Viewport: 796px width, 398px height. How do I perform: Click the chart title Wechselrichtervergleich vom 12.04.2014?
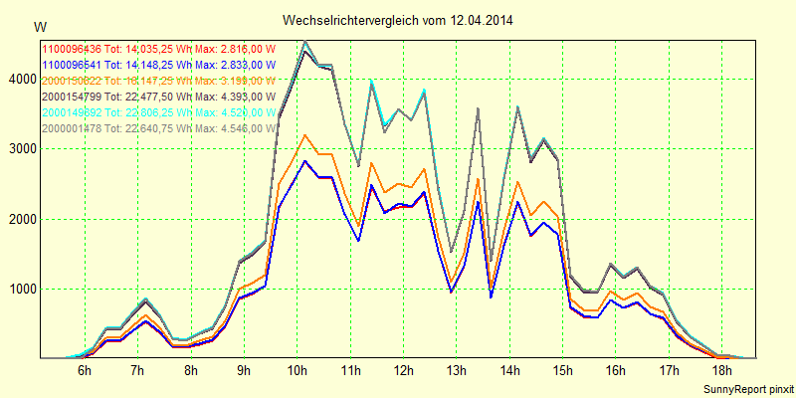tap(398, 20)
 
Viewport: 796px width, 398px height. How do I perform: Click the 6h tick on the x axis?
tap(85, 370)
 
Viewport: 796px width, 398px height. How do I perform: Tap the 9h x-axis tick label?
tap(244, 370)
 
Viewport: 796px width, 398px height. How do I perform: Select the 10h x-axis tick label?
tap(297, 370)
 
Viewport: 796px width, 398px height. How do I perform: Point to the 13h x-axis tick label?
tap(456, 370)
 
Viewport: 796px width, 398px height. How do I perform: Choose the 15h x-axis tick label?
tap(562, 370)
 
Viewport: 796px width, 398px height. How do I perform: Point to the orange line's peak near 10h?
tap(304, 135)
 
